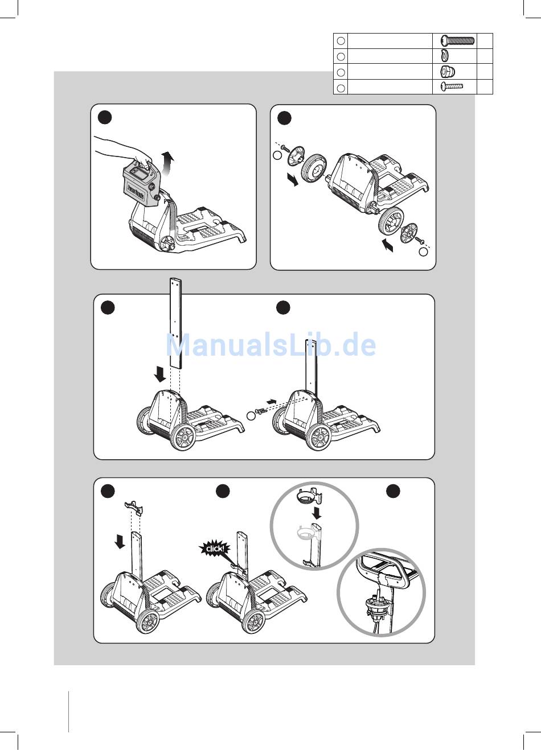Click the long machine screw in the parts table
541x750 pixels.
tap(457, 40)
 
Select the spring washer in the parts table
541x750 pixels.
tap(445, 55)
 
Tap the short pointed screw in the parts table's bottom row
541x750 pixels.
tap(452, 86)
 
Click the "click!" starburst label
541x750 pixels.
tap(214, 549)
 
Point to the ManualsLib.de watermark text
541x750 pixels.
tap(271, 345)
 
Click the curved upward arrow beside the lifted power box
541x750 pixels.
tap(167, 162)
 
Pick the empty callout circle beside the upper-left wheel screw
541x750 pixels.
tap(278, 155)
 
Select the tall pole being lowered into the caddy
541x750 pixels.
tap(176, 323)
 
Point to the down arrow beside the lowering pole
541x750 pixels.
tap(160, 374)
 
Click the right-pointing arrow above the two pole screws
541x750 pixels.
tap(272, 401)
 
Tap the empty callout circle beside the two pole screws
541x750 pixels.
tap(251, 416)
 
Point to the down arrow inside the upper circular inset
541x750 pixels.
tap(316, 513)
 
